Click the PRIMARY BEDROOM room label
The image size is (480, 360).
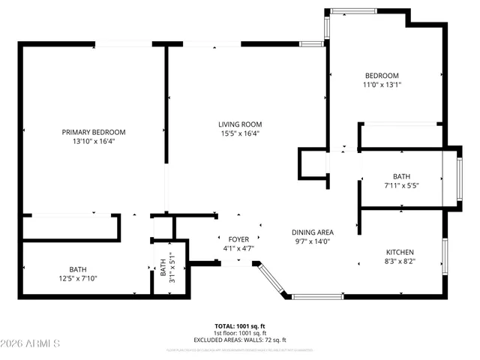tap(94, 132)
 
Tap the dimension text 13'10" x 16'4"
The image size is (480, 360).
tap(94, 141)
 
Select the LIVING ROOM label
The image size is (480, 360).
tap(240, 124)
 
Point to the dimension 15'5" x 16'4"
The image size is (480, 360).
tap(240, 133)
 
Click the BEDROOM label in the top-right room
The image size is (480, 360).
tap(382, 75)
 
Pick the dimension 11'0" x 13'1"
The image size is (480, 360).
tap(382, 85)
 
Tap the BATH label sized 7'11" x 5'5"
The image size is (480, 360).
tap(401, 176)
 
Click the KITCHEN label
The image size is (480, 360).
tap(400, 252)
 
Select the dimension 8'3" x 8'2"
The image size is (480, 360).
tap(400, 262)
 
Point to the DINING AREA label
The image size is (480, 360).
tap(312, 232)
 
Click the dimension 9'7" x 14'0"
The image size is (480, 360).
tap(312, 241)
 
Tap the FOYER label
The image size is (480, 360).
tap(238, 238)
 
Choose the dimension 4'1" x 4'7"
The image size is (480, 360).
tap(238, 247)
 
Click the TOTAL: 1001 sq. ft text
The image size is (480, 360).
tap(240, 327)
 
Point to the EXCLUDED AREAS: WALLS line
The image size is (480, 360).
tap(240, 340)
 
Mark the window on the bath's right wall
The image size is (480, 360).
tap(458, 177)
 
